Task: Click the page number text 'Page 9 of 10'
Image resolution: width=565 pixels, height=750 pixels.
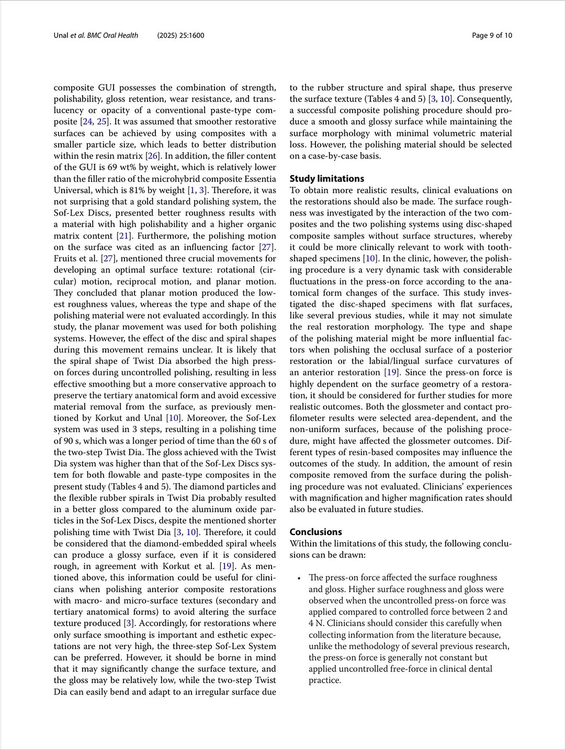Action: click(x=492, y=36)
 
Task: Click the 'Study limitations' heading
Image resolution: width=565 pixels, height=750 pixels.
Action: click(x=326, y=178)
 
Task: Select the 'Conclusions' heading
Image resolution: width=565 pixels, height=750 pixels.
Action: click(x=315, y=531)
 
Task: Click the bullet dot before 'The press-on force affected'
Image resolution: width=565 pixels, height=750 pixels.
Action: click(x=299, y=578)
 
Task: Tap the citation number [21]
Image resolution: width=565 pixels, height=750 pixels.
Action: click(x=124, y=236)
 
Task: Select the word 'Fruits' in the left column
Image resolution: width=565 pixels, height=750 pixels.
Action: click(x=65, y=259)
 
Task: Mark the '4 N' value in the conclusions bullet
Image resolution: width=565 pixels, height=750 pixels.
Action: click(x=315, y=623)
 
